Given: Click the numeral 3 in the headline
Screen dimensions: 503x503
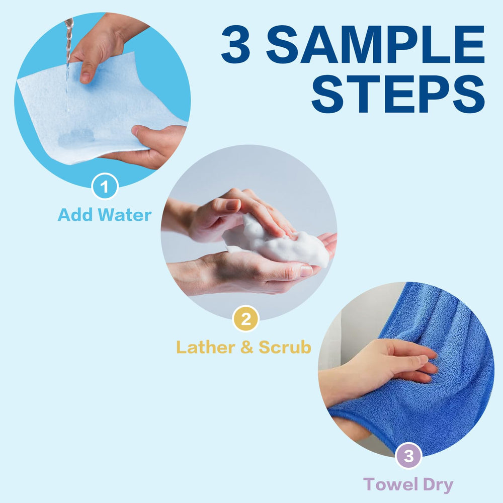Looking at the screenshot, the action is [235, 44].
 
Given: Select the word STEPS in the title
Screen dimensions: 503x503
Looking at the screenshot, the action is [398, 94].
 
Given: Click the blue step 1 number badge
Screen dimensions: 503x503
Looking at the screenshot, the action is [105, 187].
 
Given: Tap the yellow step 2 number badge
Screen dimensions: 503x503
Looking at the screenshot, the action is [246, 318].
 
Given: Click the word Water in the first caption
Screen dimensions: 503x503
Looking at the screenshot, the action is [125, 215].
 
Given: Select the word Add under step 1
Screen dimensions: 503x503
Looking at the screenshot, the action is [76, 215].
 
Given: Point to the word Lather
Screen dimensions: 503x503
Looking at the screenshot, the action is [206, 347].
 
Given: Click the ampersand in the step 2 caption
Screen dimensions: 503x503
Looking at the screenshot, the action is [246, 347].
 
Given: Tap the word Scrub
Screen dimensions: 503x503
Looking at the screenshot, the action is [285, 347].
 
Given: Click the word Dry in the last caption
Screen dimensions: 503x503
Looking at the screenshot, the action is [438, 485].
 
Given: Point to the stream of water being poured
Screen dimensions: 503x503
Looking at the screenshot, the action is [68, 64].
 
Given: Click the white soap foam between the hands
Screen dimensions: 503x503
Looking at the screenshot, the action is [276, 240].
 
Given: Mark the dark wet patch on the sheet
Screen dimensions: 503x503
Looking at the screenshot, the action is [76, 137].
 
